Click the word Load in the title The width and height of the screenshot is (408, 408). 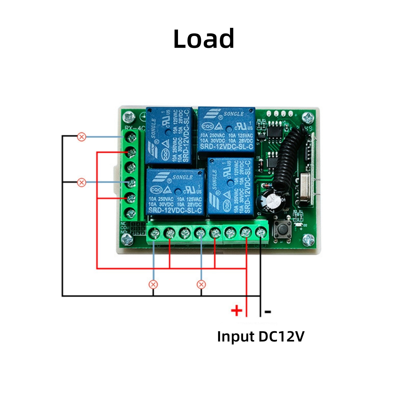203,39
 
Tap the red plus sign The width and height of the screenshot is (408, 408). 236,310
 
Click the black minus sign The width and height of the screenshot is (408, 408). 268,311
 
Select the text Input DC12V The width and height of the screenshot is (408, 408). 261,337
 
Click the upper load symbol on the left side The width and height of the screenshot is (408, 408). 82,137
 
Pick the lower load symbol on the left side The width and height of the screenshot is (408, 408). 82,183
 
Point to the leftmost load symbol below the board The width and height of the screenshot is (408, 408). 153,284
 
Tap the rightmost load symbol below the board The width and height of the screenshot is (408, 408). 201,284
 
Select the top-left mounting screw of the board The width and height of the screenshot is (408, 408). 129,118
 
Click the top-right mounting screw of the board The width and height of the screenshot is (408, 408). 308,118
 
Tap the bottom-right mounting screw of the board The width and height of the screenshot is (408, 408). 309,240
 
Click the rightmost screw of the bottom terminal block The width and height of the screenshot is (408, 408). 261,233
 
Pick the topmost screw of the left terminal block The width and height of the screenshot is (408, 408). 131,138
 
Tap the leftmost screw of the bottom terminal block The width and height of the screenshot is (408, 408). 154,233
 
